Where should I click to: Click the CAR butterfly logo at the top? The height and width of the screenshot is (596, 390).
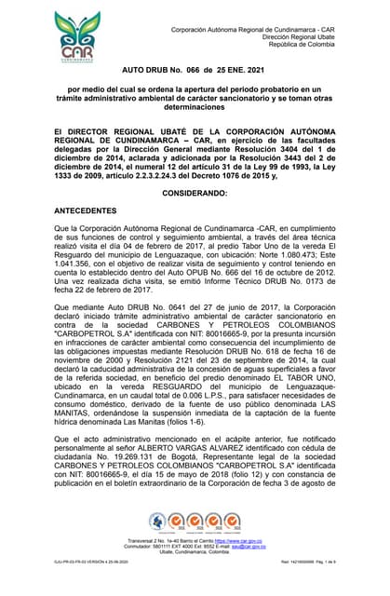point(82,37)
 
